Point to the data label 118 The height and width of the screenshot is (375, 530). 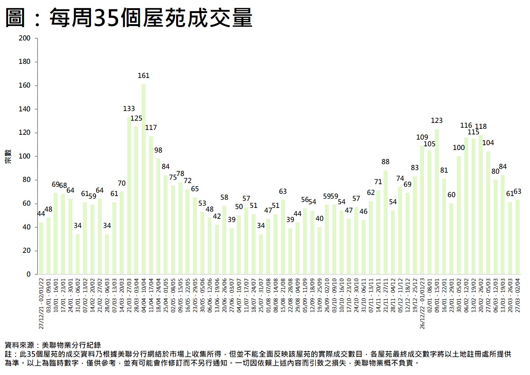coord(481,127)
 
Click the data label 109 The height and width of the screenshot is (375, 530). coord(422,137)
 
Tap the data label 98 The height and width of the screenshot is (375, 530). coord(158,150)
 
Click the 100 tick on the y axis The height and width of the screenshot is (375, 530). coord(25,156)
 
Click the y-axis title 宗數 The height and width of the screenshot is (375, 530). coord(8,156)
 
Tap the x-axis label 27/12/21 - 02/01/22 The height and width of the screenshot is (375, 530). coord(41,303)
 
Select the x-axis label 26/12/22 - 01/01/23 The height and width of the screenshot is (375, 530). coord(422,303)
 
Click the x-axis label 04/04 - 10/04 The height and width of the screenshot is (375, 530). coord(144,295)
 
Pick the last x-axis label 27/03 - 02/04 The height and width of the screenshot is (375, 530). coord(518,295)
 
